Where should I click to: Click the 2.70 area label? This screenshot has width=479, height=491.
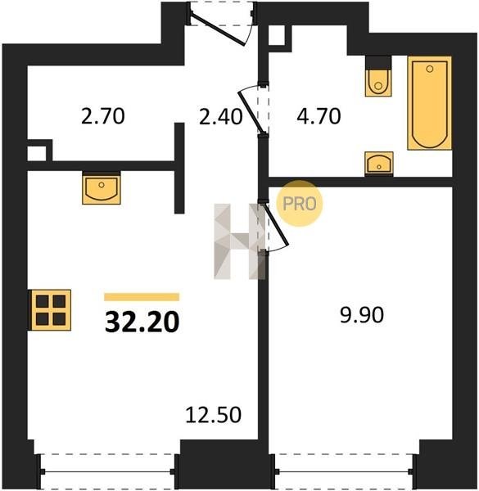pyautogui.click(x=102, y=116)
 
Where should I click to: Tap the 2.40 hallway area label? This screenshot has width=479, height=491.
pyautogui.click(x=220, y=117)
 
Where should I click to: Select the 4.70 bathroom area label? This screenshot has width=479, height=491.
pyautogui.click(x=319, y=116)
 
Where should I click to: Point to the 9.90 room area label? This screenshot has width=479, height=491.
pyautogui.click(x=362, y=315)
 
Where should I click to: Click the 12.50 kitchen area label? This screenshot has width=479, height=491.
pyautogui.click(x=214, y=415)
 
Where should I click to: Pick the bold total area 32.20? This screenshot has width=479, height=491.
pyautogui.click(x=142, y=322)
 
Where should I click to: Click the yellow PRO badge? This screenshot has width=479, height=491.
pyautogui.click(x=299, y=204)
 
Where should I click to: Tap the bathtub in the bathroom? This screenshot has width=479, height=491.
pyautogui.click(x=430, y=103)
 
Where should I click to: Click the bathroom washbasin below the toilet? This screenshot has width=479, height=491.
pyautogui.click(x=379, y=163)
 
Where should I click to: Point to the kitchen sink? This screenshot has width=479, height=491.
pyautogui.click(x=102, y=188)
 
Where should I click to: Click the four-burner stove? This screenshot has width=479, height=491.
pyautogui.click(x=50, y=310)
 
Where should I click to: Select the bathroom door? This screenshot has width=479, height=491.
pyautogui.click(x=254, y=110)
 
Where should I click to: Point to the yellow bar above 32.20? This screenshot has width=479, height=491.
pyautogui.click(x=142, y=297)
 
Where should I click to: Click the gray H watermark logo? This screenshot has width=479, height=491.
pyautogui.click(x=240, y=241)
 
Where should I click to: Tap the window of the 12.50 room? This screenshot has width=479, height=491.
pyautogui.click(x=106, y=471)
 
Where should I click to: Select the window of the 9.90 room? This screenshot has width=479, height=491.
pyautogui.click(x=344, y=471)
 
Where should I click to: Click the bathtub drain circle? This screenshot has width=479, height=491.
pyautogui.click(x=430, y=69)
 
